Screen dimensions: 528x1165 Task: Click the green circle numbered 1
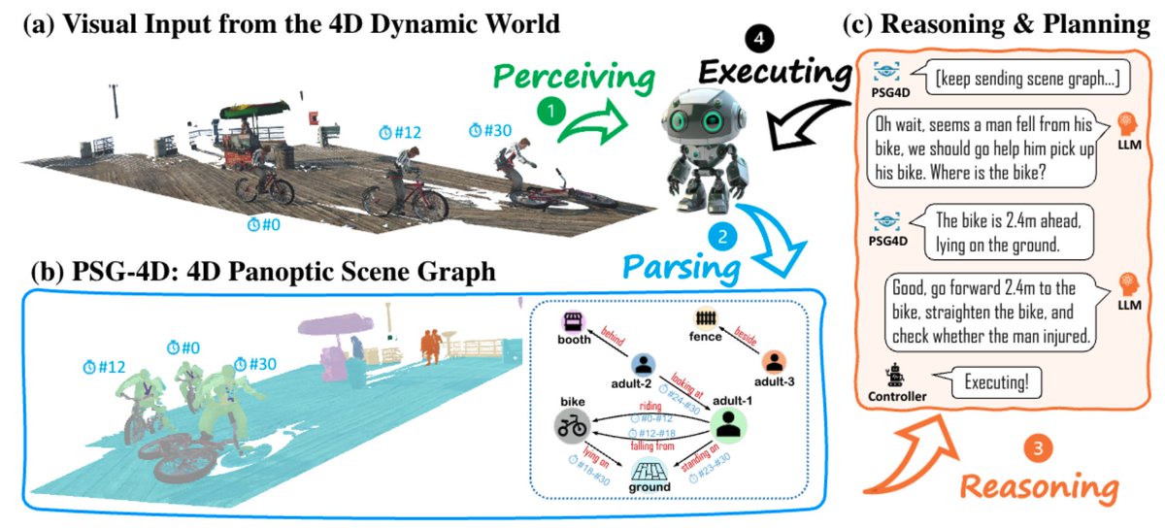pos(552,113)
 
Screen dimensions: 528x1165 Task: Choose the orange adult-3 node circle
pos(774,363)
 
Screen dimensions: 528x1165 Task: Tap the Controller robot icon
pos(894,375)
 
